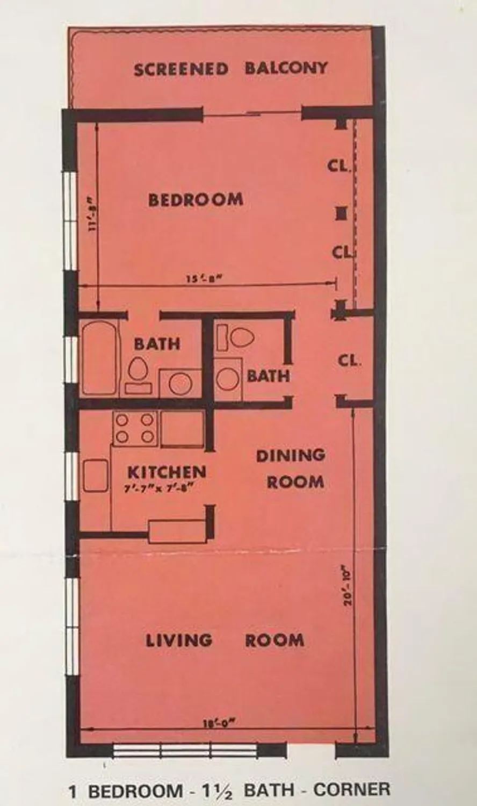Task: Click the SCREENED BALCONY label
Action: click(x=230, y=69)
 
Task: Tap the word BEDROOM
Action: click(x=196, y=199)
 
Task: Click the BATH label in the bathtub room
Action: click(x=157, y=344)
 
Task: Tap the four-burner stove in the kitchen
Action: click(x=135, y=428)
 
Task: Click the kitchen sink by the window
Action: click(x=96, y=476)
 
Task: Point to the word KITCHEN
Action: click(x=167, y=472)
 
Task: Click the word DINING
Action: click(x=291, y=456)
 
